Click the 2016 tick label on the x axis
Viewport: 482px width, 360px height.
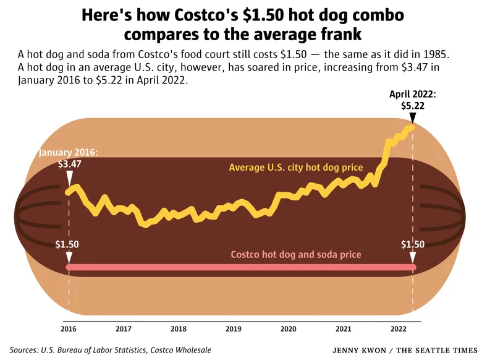pos(69,328)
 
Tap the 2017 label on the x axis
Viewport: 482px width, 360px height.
pos(124,328)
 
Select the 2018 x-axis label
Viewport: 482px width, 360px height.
pos(179,328)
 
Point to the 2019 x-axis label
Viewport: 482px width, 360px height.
pos(234,328)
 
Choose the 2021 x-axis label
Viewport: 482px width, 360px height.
pos(344,328)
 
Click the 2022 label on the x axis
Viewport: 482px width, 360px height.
pos(399,328)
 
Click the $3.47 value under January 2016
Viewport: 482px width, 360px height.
pos(69,165)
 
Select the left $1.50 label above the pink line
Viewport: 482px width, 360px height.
pos(67,244)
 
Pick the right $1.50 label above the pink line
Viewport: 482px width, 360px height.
pos(413,244)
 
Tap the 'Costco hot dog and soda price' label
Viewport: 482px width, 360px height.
pos(295,254)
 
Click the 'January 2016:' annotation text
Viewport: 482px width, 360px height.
pos(69,152)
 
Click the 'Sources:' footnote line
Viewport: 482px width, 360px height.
pos(110,350)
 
